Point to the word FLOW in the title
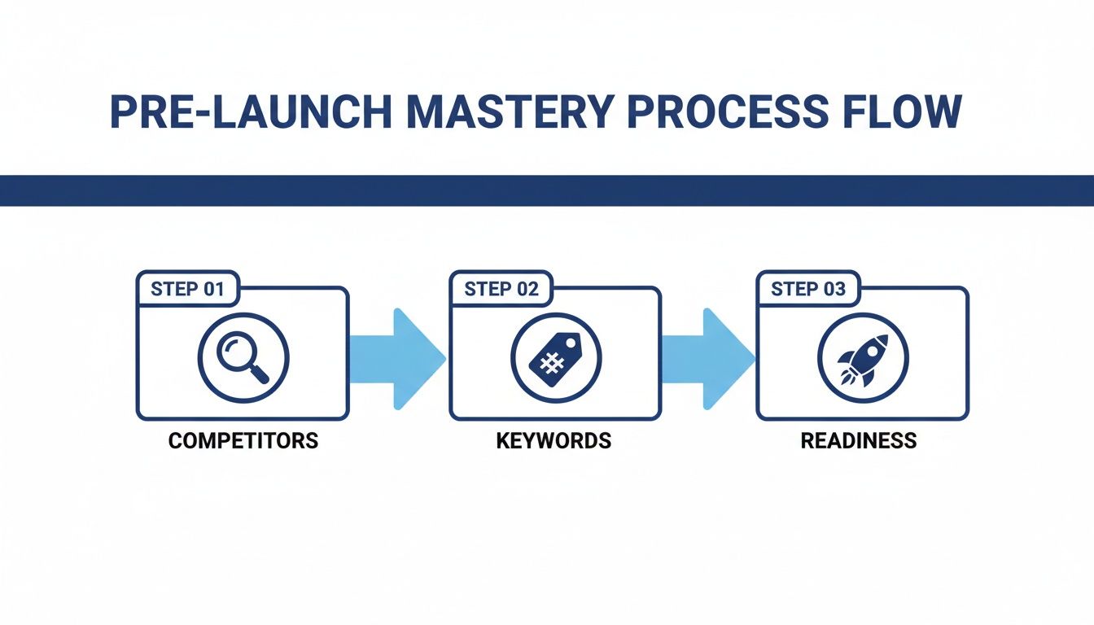pyautogui.click(x=904, y=112)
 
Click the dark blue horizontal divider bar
pyautogui.click(x=547, y=190)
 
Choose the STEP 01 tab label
pyautogui.click(x=187, y=289)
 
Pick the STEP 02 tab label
pyautogui.click(x=501, y=289)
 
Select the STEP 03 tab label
pyautogui.click(x=807, y=289)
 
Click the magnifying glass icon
pyautogui.click(x=243, y=358)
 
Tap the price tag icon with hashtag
pyautogui.click(x=556, y=358)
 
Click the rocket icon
pyautogui.click(x=863, y=358)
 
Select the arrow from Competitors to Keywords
pyautogui.click(x=399, y=358)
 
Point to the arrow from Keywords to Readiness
pyautogui.click(x=708, y=358)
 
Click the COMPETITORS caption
pyautogui.click(x=243, y=441)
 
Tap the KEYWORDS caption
pyautogui.click(x=554, y=441)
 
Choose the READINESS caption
pyautogui.click(x=859, y=441)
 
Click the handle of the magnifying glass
pyautogui.click(x=260, y=373)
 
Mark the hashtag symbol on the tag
pyautogui.click(x=552, y=362)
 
